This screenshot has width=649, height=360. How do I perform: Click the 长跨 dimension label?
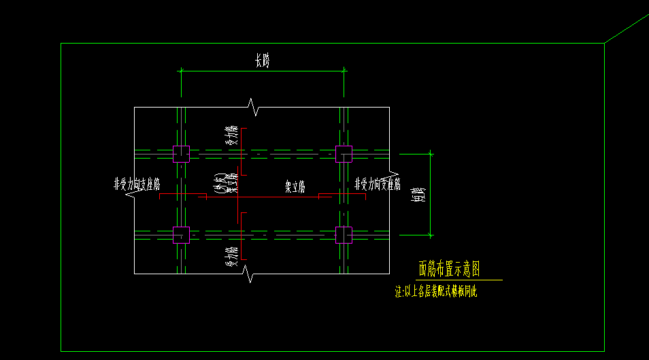263,61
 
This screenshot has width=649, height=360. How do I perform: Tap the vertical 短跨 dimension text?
422,195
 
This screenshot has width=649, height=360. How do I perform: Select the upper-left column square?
180,154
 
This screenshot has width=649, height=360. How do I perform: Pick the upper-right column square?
344,154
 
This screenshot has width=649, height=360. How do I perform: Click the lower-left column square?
180,235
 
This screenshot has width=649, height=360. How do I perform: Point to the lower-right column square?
344,235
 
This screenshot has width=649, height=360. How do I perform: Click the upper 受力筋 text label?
232,138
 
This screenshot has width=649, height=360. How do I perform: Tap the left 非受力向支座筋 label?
137,184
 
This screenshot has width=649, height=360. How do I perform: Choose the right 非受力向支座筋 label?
378,184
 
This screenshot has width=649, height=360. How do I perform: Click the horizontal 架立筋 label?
295,187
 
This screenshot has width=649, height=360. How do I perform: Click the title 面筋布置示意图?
450,269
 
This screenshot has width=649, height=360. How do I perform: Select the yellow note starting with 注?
437,292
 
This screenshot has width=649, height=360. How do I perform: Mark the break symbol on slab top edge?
252,106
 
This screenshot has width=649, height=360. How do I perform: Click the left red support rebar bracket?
182,195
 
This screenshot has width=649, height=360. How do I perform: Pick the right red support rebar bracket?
342,195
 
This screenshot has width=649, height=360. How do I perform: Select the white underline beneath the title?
460,280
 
